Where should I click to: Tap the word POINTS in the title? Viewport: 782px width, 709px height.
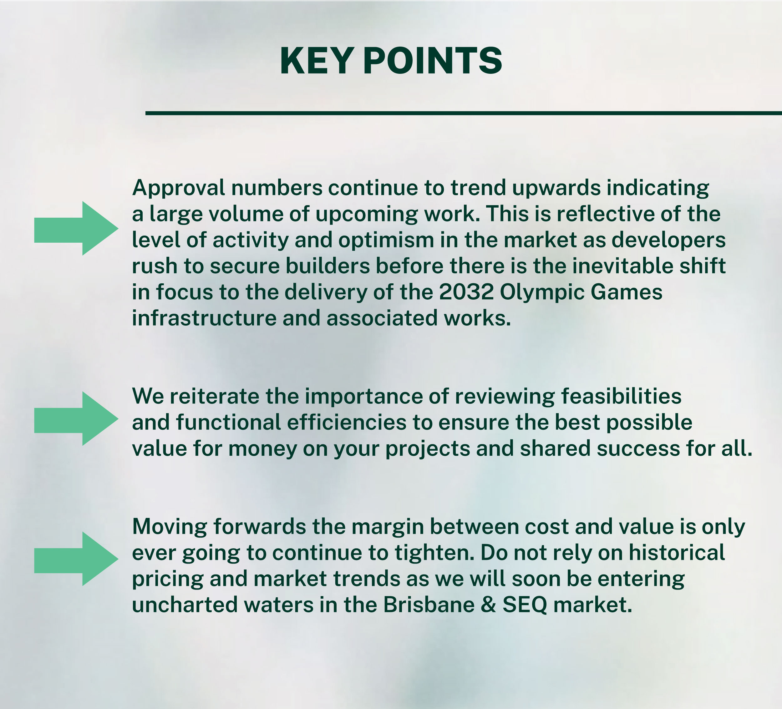433,61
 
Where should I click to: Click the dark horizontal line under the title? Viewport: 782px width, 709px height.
464,113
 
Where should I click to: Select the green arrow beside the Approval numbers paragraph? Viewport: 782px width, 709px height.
76,228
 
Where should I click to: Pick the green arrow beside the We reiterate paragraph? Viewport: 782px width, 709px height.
76,418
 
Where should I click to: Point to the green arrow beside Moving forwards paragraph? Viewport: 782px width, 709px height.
76,559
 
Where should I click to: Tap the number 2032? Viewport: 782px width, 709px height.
467,292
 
